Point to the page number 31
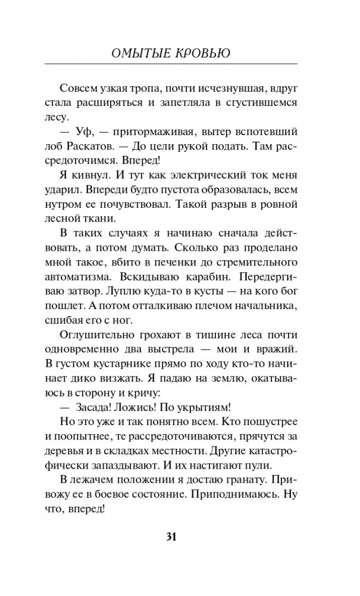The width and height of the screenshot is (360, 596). [x=171, y=538]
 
